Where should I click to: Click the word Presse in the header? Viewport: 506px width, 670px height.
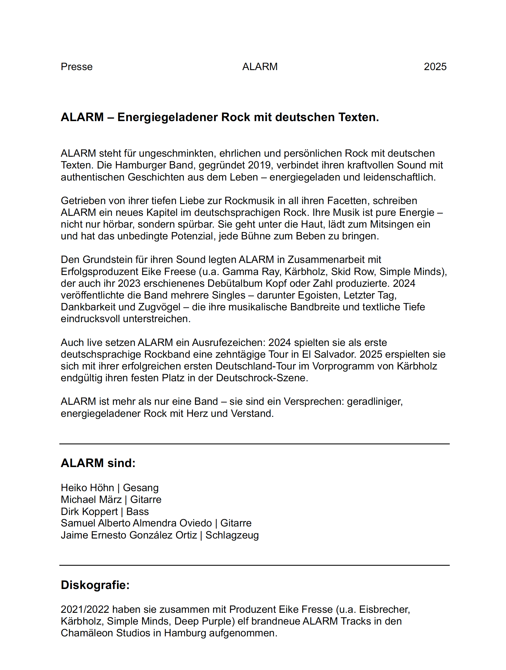point(76,67)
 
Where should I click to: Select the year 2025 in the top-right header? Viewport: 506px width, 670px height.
point(435,67)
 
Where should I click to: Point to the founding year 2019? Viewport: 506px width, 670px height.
point(259,165)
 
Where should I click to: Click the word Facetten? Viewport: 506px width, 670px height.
point(347,201)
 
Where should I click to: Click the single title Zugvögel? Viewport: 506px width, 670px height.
point(159,307)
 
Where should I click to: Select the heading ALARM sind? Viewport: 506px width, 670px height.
point(98,463)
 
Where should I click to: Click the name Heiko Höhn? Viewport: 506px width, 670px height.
point(87,488)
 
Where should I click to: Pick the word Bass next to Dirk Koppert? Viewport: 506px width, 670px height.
point(137,512)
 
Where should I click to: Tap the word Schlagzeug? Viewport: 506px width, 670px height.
point(232,535)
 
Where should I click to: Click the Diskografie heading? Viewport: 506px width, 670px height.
point(95,585)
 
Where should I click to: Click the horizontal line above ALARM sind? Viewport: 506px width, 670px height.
point(254,444)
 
